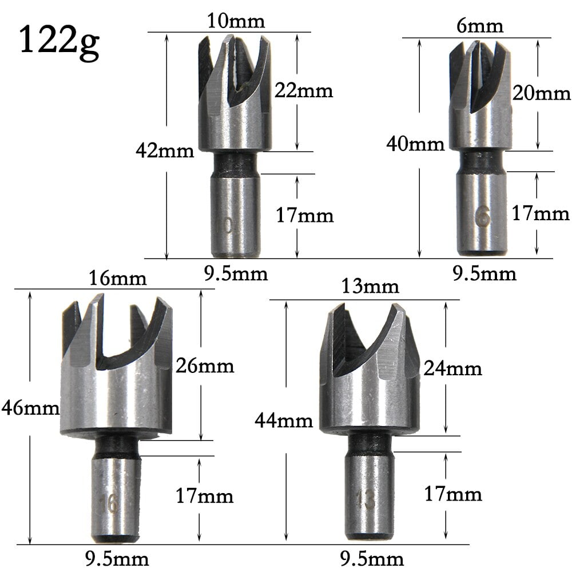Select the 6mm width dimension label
(x=480, y=26)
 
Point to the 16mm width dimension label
(x=118, y=279)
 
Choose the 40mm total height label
(x=415, y=144)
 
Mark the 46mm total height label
(x=30, y=408)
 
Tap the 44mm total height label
(x=284, y=421)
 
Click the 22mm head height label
(x=303, y=90)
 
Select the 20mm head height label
(x=541, y=93)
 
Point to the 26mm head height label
(x=205, y=366)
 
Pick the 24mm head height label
(x=452, y=368)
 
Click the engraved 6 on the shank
(x=482, y=218)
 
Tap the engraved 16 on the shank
(x=111, y=503)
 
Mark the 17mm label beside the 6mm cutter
(x=541, y=214)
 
